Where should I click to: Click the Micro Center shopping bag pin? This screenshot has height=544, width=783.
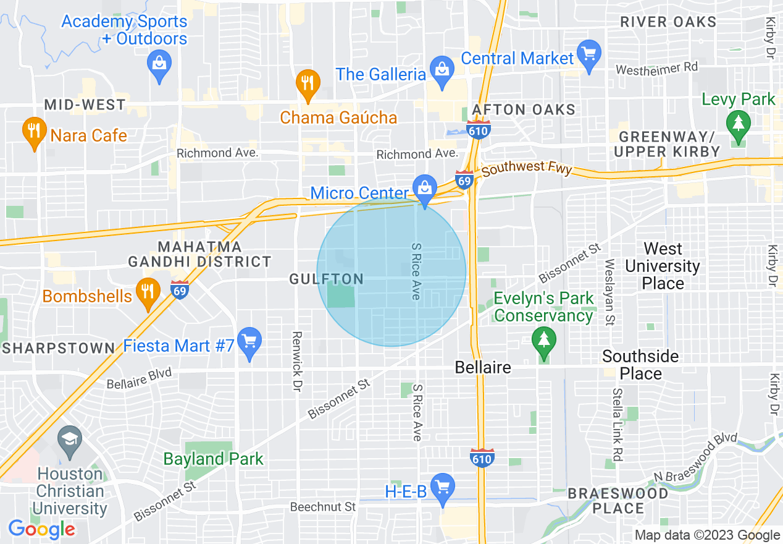tap(425, 187)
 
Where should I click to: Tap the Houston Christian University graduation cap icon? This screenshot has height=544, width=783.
tap(69, 440)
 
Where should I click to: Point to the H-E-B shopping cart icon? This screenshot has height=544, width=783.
tap(442, 486)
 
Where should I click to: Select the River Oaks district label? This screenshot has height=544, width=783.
tap(668, 22)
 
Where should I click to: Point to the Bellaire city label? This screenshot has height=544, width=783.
tap(483, 368)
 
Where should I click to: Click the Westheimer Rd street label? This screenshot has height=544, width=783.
tap(656, 68)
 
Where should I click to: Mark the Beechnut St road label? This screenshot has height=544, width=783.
tap(323, 507)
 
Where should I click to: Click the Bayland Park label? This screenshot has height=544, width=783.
tap(213, 459)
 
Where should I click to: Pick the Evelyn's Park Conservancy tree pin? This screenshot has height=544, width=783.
tap(543, 342)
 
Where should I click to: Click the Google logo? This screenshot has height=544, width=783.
tap(41, 529)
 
